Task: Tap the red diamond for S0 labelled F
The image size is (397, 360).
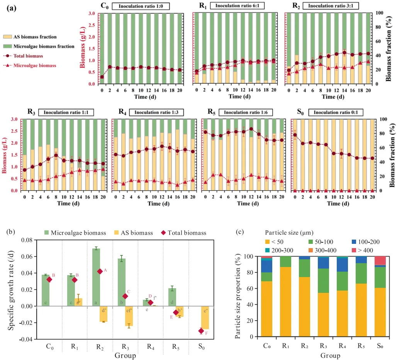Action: point(201,331)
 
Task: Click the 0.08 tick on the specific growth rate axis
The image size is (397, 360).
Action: point(27,240)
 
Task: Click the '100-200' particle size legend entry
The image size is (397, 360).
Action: point(366,242)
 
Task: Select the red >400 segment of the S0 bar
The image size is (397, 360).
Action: point(380,260)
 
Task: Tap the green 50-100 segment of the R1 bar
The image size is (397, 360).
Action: point(285,262)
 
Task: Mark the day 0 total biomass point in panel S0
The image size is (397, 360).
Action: point(295,135)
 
